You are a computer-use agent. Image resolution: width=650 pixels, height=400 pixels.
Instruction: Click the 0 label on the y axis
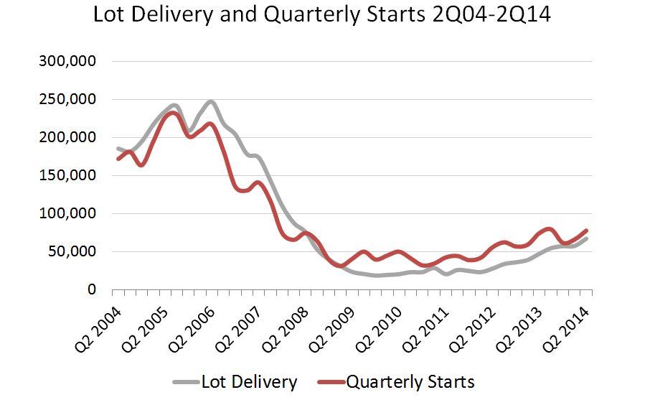click(x=92, y=290)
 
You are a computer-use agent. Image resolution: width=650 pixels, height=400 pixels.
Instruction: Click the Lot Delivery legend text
click(x=249, y=382)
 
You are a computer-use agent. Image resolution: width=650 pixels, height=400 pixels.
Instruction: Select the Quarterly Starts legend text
click(x=410, y=382)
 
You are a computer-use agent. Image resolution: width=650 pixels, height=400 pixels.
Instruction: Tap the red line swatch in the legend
click(x=329, y=382)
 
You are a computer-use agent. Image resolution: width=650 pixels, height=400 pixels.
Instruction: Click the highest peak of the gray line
click(x=209, y=102)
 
